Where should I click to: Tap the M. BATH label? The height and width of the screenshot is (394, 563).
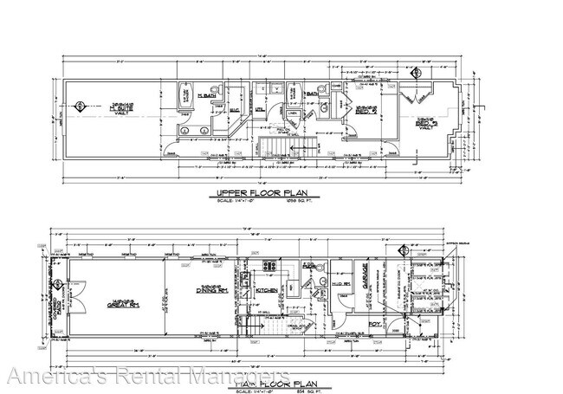206,94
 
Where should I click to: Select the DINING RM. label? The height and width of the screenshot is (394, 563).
202,294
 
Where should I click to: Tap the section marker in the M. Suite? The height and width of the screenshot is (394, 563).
80,107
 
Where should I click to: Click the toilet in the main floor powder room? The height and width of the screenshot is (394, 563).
310,269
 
